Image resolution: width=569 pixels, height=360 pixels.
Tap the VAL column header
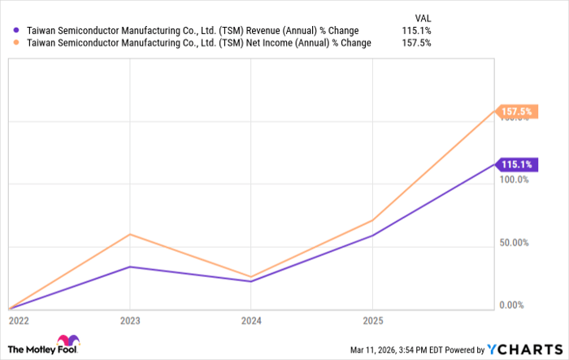point(423,16)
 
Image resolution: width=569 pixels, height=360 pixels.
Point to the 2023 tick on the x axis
point(130,320)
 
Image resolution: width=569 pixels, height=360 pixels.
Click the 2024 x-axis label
point(251,320)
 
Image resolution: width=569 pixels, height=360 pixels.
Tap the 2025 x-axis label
point(372,320)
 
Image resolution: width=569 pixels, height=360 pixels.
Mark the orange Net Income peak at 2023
point(130,234)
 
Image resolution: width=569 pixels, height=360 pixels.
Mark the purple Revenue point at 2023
point(130,267)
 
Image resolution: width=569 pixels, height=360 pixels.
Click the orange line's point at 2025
point(372,220)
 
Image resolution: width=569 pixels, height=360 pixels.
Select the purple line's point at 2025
point(372,236)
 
